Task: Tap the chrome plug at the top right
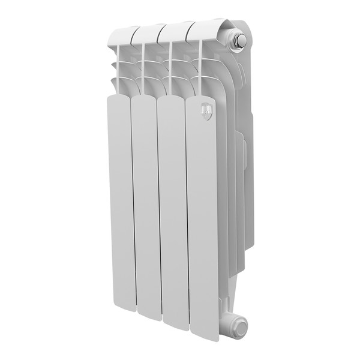click(238, 40)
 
